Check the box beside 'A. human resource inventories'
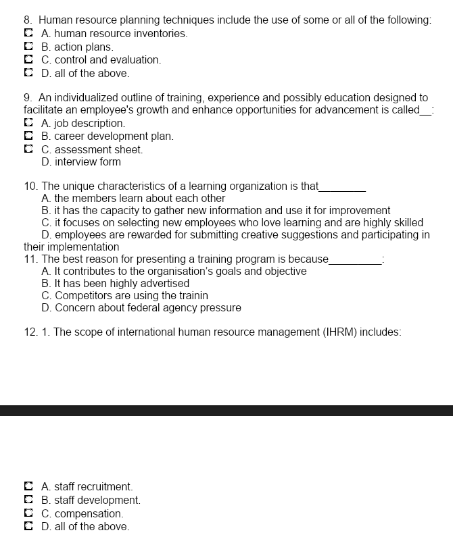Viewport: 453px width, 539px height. pos(28,33)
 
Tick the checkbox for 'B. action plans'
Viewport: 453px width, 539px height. pos(28,47)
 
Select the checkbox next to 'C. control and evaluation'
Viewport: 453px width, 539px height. pos(28,59)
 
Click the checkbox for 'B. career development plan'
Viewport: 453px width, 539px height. pos(28,136)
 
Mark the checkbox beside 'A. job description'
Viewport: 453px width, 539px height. pos(28,123)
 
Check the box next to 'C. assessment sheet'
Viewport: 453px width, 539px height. pos(28,149)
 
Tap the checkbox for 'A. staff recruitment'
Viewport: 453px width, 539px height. pos(28,486)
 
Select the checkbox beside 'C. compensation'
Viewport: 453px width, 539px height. pos(28,513)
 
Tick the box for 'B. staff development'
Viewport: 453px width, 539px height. pos(28,500)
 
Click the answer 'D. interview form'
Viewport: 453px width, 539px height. pos(80,162)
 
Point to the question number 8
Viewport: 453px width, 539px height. pos(28,20)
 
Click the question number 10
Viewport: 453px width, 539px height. pos(30,186)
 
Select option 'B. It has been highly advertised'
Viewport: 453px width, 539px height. pos(115,284)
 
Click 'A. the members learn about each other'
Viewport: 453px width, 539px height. pos(133,199)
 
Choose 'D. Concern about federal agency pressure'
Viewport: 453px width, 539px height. pos(141,308)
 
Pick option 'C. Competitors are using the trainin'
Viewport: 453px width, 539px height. pos(124,296)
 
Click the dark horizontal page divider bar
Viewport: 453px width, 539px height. pos(226,411)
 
